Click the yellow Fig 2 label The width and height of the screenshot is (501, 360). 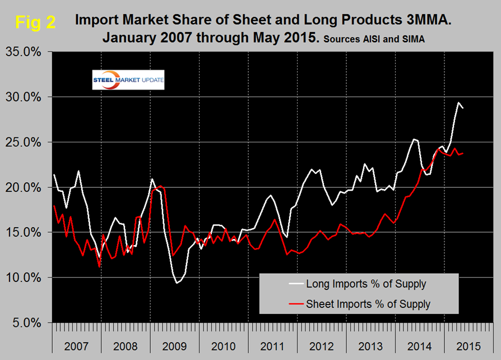point(35,23)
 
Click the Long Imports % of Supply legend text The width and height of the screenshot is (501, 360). point(366,284)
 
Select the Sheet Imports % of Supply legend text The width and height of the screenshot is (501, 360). point(368,304)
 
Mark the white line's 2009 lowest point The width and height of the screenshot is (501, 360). point(177,283)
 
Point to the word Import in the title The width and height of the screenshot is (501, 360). point(97,21)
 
